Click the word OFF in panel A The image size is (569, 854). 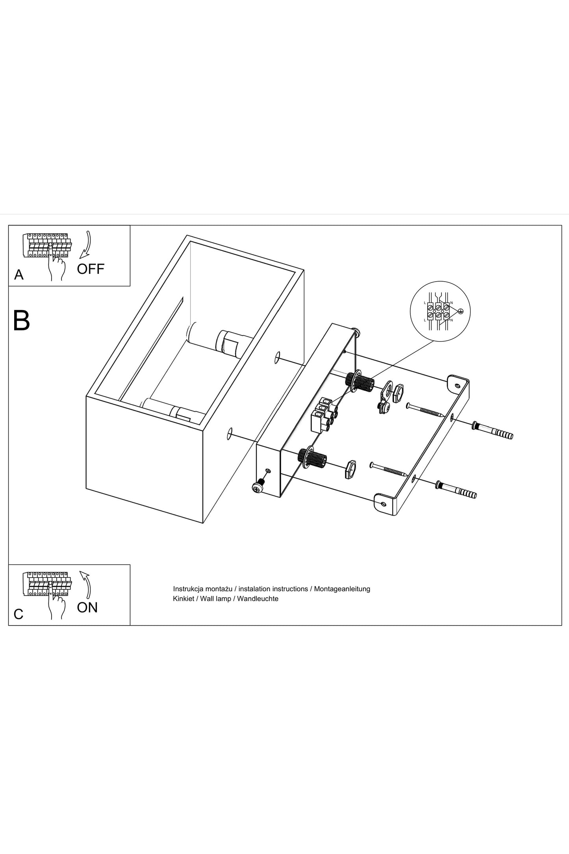click(91, 269)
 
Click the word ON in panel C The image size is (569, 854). click(87, 607)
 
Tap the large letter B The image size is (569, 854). click(21, 321)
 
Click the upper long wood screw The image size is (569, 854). click(425, 410)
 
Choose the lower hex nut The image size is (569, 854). click(350, 470)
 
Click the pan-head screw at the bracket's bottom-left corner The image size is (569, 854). click(257, 488)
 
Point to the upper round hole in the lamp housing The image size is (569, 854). click(278, 358)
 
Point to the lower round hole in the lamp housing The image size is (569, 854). click(230, 434)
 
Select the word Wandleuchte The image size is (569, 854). click(258, 599)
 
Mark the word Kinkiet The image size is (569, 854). click(183, 599)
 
